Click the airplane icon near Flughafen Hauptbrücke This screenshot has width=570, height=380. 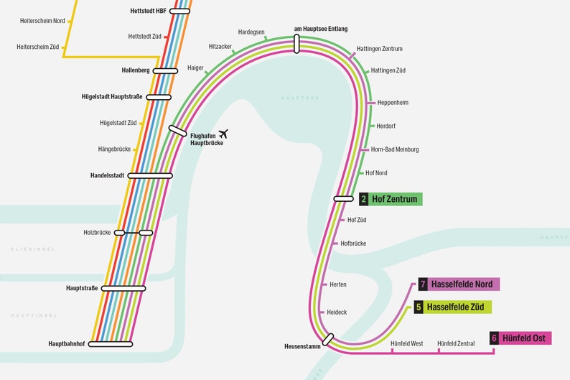pyautogui.click(x=223, y=134)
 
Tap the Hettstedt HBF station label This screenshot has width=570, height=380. pyautogui.click(x=147, y=11)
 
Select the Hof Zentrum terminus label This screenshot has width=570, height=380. pyautogui.click(x=394, y=199)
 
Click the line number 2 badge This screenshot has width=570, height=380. pyautogui.click(x=364, y=199)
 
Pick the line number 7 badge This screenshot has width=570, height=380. pyautogui.click(x=424, y=284)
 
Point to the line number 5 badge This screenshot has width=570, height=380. pyautogui.click(x=419, y=307)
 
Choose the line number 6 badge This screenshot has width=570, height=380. pyautogui.click(x=494, y=338)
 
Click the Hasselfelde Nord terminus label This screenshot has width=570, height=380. pyautogui.click(x=462, y=284)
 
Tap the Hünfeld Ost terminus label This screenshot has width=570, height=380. pyautogui.click(x=523, y=338)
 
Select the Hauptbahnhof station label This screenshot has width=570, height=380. pyautogui.click(x=67, y=344)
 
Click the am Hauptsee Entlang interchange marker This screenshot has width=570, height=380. pyautogui.click(x=296, y=44)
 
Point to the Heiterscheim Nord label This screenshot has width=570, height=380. pyautogui.click(x=42, y=21)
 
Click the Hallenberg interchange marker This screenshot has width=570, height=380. pyautogui.click(x=165, y=70)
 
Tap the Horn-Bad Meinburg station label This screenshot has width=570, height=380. pyautogui.click(x=395, y=149)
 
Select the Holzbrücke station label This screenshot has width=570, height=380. pyautogui.click(x=97, y=233)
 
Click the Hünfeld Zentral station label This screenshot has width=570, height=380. pyautogui.click(x=456, y=344)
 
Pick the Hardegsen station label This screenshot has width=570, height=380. pyautogui.click(x=251, y=32)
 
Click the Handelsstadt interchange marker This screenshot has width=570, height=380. pyautogui.click(x=150, y=175)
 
